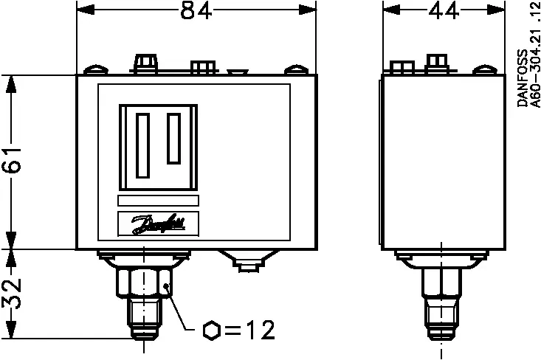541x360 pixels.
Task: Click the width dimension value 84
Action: pos(191,11)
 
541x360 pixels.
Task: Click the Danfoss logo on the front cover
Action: pos(158,224)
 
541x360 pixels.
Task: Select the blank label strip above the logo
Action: pos(158,201)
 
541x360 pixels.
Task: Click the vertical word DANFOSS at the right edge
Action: pos(523,80)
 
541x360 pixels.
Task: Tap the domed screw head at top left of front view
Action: pos(94,71)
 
